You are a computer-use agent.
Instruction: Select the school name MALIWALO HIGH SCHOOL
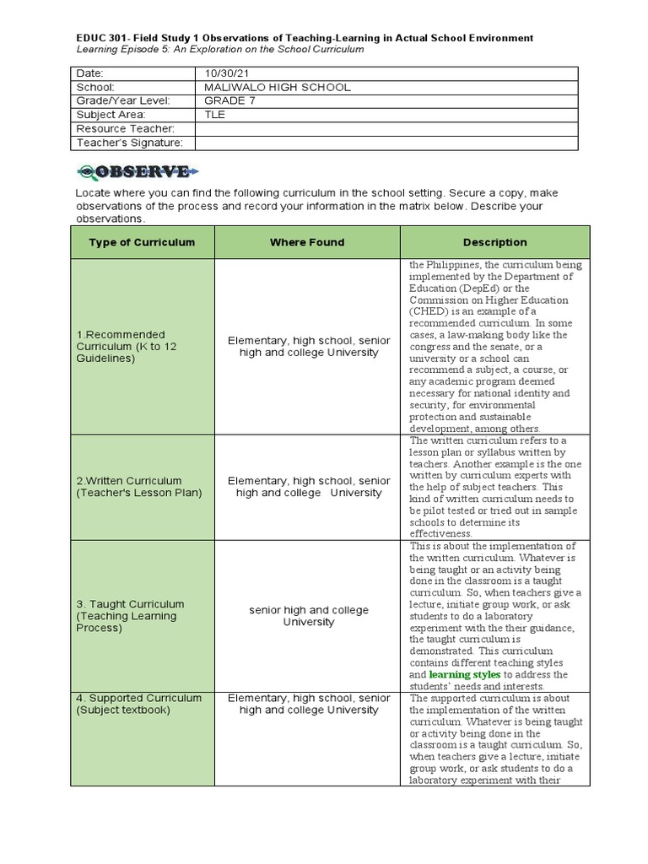click(278, 88)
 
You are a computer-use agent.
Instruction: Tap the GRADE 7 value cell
click(229, 101)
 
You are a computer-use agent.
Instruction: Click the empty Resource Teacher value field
click(386, 128)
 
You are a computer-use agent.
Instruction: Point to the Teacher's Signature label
click(129, 143)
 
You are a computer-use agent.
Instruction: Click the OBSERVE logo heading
click(138, 171)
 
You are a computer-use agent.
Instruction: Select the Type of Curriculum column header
click(142, 242)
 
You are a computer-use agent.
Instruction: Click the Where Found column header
click(307, 242)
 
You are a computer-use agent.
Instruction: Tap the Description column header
click(494, 242)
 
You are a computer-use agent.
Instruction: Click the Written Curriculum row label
click(139, 487)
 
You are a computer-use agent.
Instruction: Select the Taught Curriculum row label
click(130, 616)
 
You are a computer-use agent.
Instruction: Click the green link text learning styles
click(464, 675)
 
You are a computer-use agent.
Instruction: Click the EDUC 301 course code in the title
click(100, 38)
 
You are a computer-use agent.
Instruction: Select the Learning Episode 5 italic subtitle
click(219, 50)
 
